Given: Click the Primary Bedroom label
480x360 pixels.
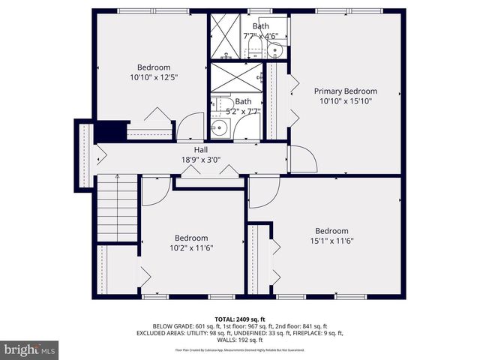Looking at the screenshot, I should pyautogui.click(x=345, y=91).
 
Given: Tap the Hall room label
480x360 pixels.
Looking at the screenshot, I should pyautogui.click(x=200, y=149).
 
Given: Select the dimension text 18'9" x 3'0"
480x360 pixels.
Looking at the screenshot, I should pyautogui.click(x=200, y=159).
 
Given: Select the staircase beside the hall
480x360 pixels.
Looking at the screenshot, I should pyautogui.click(x=117, y=208).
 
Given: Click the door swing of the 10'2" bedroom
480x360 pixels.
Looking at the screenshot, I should pyautogui.click(x=154, y=190).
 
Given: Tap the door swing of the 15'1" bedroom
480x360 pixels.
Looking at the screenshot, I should pyautogui.click(x=263, y=193).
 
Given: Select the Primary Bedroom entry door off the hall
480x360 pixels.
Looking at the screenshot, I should pyautogui.click(x=301, y=158).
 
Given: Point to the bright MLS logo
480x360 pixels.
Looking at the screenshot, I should pyautogui.click(x=30, y=349).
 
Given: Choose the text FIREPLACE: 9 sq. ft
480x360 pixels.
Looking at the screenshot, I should pyautogui.click(x=313, y=333).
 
